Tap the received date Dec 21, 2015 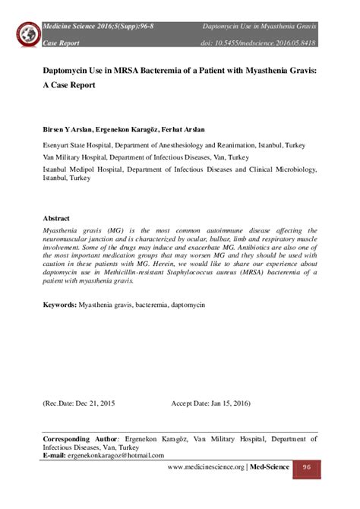[x=84, y=403]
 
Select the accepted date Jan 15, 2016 [x=221, y=403]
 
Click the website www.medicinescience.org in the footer [x=207, y=466]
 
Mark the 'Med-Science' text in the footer [x=270, y=466]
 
